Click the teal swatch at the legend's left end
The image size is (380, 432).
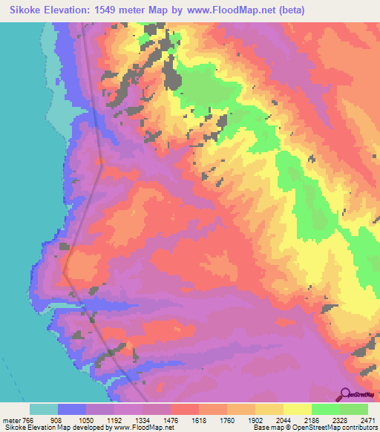tap(44, 409)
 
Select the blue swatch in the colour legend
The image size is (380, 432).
tap(72, 409)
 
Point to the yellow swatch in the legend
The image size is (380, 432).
tap(297, 409)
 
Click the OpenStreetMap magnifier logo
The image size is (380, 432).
tap(345, 394)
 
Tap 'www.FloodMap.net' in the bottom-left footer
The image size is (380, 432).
tap(142, 428)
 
